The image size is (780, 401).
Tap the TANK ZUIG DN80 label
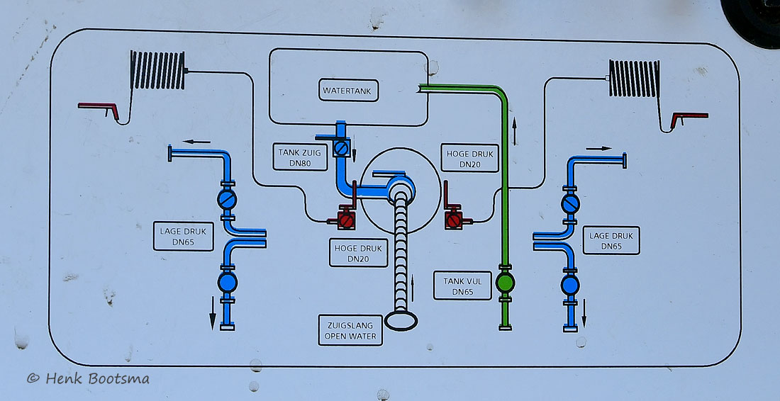point(301,157)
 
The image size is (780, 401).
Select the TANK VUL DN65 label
point(462,286)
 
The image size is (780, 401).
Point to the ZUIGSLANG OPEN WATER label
point(350,331)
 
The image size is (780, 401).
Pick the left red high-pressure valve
point(346,220)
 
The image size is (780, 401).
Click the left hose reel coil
point(157,70)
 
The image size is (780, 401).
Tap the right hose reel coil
point(635,79)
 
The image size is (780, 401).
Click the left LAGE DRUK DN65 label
point(183,236)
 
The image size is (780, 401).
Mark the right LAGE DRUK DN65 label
point(611,241)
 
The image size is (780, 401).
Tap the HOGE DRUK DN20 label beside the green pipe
point(469,159)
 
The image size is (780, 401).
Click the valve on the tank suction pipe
point(341,148)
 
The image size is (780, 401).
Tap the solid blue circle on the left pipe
point(228,282)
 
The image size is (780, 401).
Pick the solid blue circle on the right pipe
point(570,285)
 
